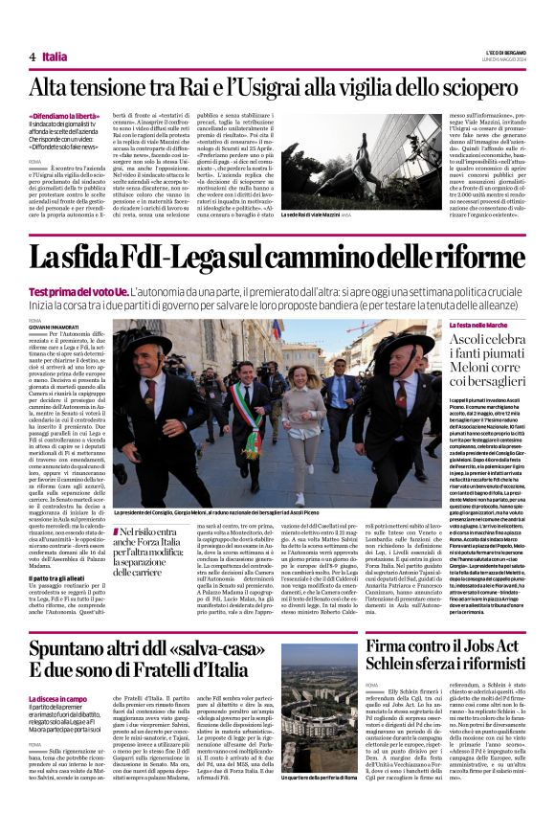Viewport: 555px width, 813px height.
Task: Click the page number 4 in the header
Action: point(33,56)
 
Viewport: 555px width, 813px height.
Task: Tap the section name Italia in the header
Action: point(55,56)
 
